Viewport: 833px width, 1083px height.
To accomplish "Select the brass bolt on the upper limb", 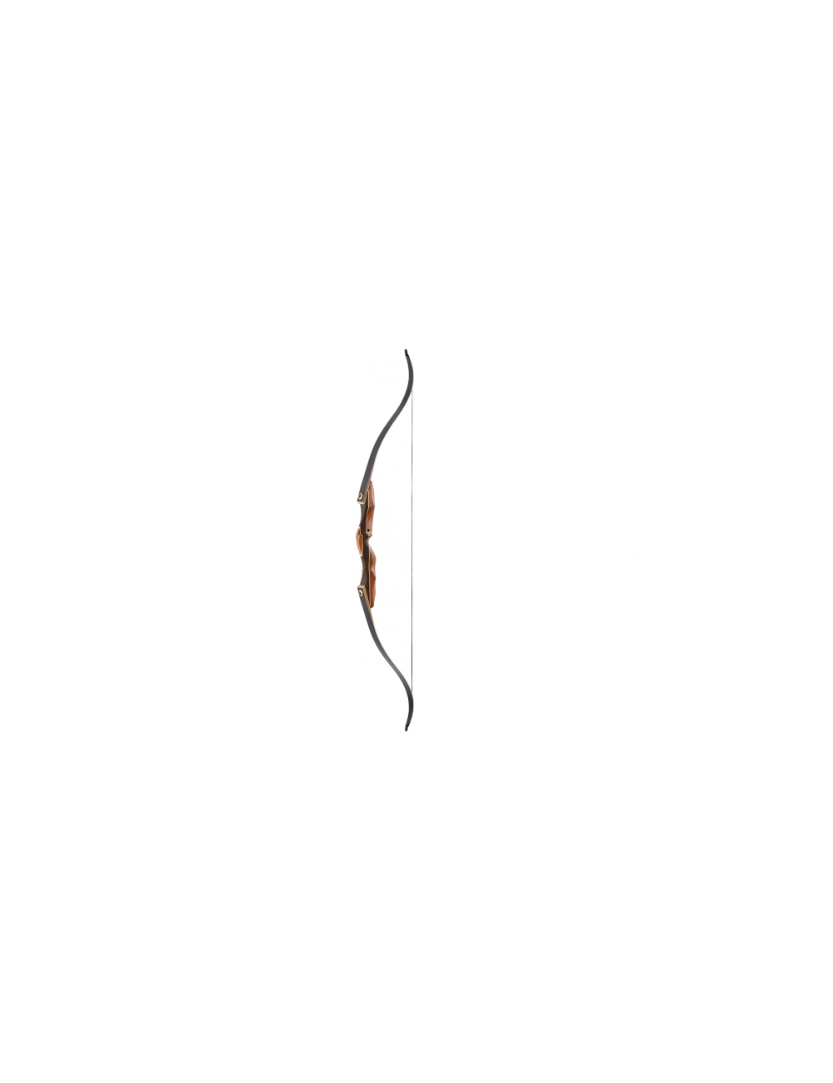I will click(361, 498).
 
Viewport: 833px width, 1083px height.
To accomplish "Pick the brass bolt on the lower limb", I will click(362, 593).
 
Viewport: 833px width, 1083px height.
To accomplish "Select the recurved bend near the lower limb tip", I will click(412, 704).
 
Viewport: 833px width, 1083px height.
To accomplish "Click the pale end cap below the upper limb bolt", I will click(364, 505).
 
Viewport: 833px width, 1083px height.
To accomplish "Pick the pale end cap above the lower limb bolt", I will click(365, 586).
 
